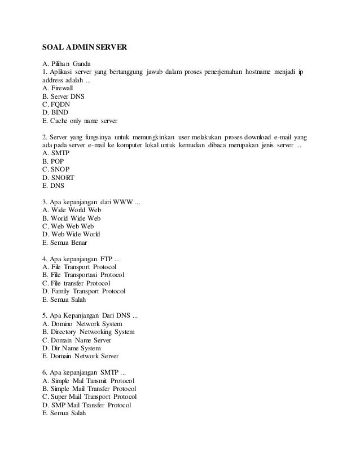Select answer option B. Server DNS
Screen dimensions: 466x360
point(63,96)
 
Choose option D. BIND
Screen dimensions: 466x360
point(55,112)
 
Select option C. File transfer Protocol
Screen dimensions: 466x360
point(76,283)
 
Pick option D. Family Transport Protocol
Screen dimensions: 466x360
point(84,291)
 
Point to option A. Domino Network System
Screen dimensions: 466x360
point(82,323)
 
